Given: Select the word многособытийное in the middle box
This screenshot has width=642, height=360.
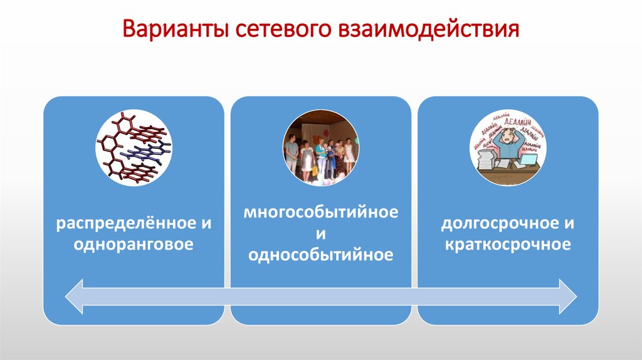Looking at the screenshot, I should click(x=321, y=212).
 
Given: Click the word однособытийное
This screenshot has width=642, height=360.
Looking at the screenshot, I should click(x=321, y=255).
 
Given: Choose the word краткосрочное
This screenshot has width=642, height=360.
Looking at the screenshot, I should click(x=508, y=243).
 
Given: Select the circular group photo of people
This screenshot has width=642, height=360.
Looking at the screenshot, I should click(x=320, y=146).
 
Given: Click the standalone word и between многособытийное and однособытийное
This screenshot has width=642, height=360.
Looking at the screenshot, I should click(x=321, y=233).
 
